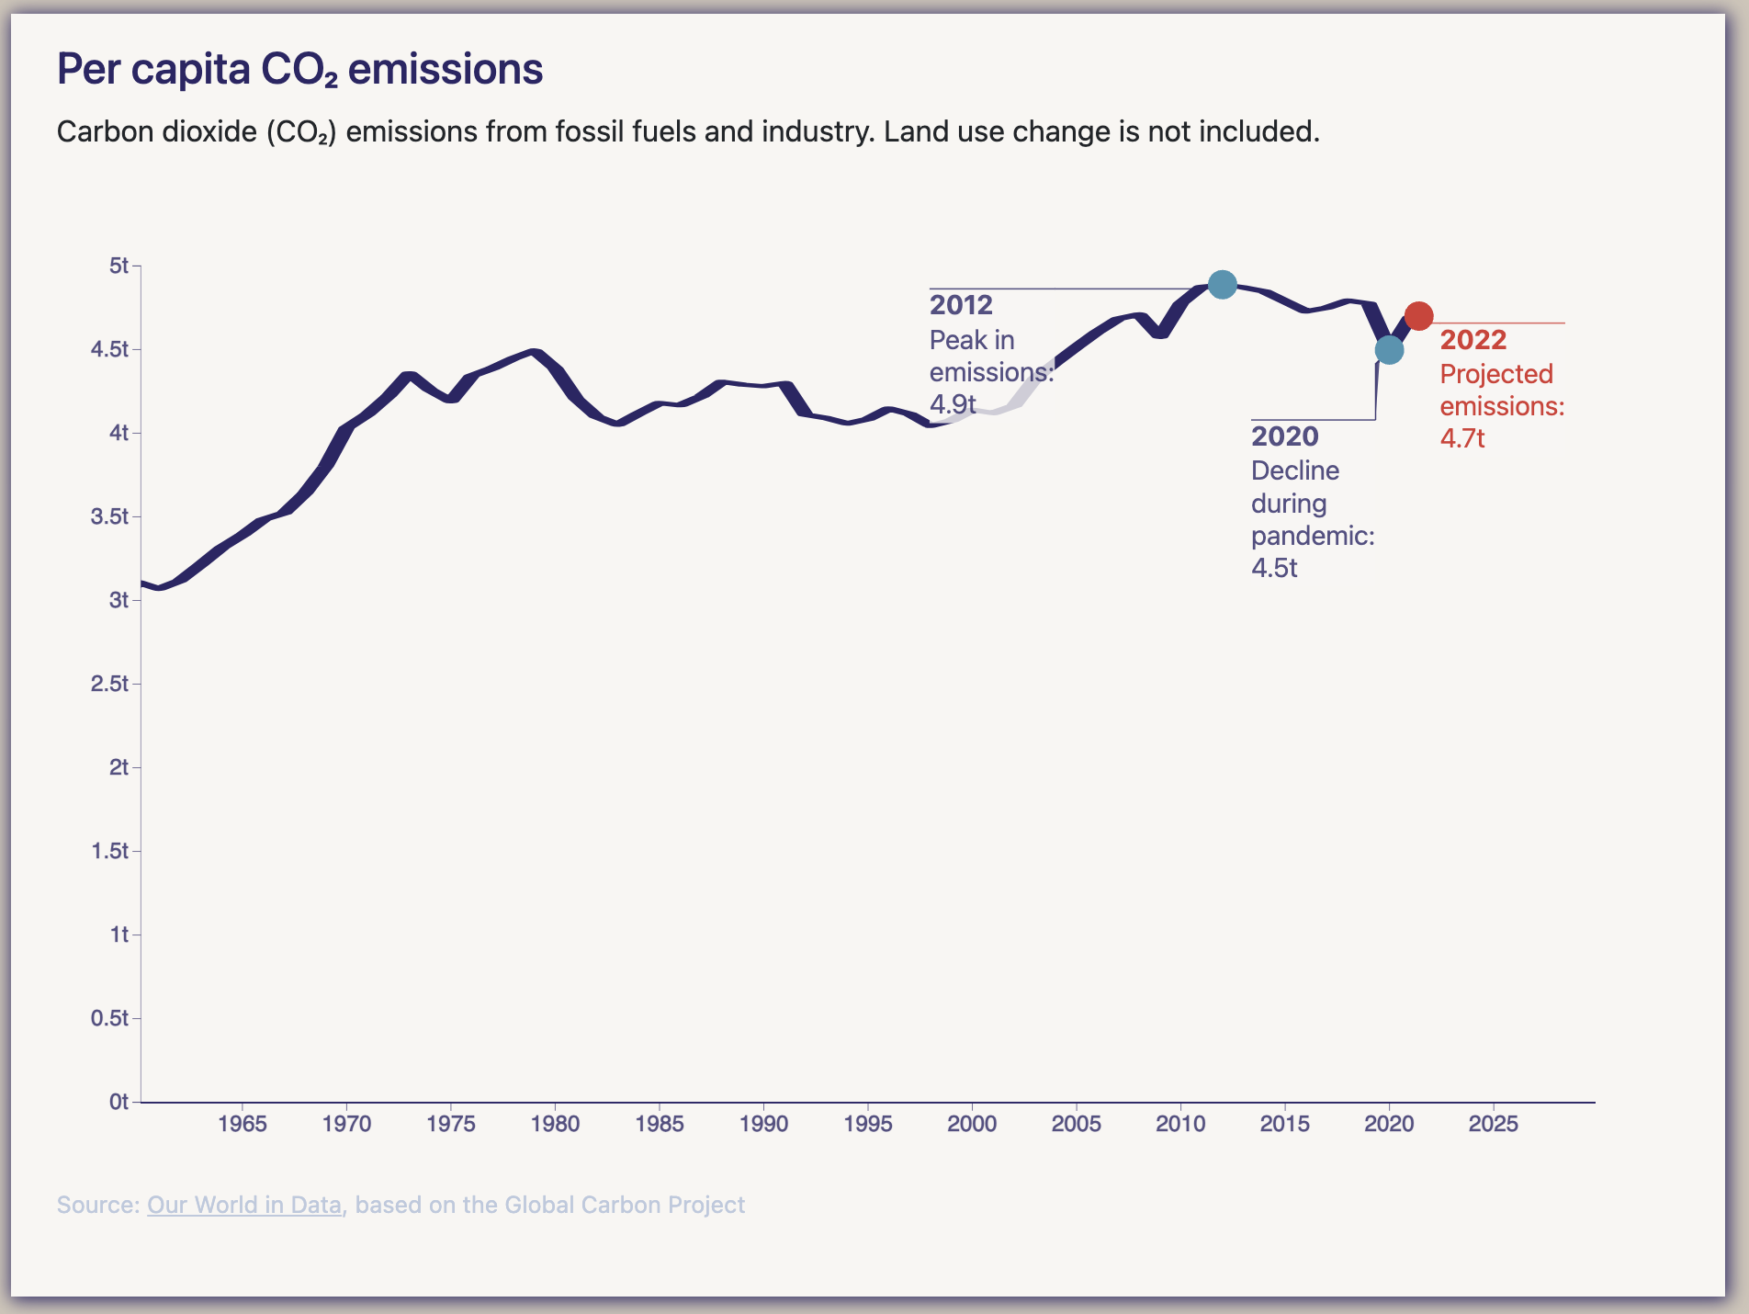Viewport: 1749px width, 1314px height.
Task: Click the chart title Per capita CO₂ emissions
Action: pyautogui.click(x=299, y=69)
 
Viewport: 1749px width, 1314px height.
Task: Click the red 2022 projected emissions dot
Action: pyautogui.click(x=1418, y=316)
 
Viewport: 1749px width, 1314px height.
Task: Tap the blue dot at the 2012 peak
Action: pyautogui.click(x=1222, y=285)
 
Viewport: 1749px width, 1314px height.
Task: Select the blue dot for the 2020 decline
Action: pyautogui.click(x=1389, y=350)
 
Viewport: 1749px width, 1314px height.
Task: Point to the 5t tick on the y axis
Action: pyautogui.click(x=119, y=266)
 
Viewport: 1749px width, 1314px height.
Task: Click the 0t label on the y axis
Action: pyautogui.click(x=118, y=1102)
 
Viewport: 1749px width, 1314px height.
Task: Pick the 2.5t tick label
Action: pyautogui.click(x=110, y=684)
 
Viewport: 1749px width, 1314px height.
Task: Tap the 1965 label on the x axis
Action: pyautogui.click(x=243, y=1124)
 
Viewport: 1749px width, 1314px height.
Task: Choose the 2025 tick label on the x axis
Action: pyautogui.click(x=1494, y=1124)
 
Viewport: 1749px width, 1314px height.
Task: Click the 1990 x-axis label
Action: pyautogui.click(x=763, y=1124)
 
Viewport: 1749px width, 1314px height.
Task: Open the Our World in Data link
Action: pyautogui.click(x=244, y=1205)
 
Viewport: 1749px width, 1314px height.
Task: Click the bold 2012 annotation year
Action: pyautogui.click(x=961, y=305)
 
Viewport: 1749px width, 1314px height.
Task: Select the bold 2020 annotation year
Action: pyautogui.click(x=1284, y=436)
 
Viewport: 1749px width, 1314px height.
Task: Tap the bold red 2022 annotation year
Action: pyautogui.click(x=1473, y=340)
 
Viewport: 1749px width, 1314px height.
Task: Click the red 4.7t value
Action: pyautogui.click(x=1462, y=438)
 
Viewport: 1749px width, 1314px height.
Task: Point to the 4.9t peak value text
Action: pyautogui.click(x=953, y=404)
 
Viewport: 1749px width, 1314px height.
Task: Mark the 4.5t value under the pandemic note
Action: pyautogui.click(x=1274, y=568)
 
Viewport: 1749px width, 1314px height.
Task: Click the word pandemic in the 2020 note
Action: pyautogui.click(x=1312, y=536)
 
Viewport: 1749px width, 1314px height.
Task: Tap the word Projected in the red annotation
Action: pyautogui.click(x=1496, y=374)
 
